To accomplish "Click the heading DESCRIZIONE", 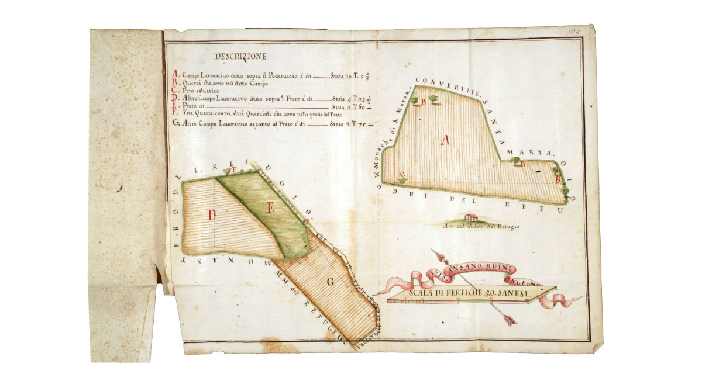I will tap(240, 57).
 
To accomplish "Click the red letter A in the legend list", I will tap(175, 75).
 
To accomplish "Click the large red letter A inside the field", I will tap(445, 140).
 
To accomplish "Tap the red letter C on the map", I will tap(402, 174).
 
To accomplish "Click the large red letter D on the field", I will tap(212, 215).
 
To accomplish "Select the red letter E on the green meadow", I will tap(270, 207).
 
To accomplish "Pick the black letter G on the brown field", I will tap(330, 282).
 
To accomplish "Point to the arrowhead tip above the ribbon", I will tap(433, 251).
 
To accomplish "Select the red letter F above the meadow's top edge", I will tap(234, 169).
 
